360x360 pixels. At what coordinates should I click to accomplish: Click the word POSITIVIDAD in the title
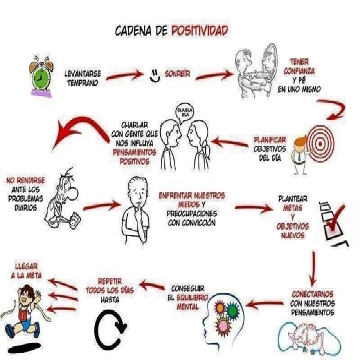(200, 31)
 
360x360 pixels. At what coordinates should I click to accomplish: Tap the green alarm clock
(41, 76)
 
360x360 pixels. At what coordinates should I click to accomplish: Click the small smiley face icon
(155, 76)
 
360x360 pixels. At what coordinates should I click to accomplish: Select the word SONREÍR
(178, 74)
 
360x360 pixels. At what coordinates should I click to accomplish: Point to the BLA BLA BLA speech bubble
(184, 113)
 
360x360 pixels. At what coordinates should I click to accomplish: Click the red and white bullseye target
(320, 144)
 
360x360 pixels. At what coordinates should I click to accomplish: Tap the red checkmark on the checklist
(336, 218)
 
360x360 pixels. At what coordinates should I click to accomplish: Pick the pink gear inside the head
(223, 326)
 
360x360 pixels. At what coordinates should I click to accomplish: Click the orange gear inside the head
(220, 308)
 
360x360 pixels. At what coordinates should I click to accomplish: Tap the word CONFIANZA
(299, 71)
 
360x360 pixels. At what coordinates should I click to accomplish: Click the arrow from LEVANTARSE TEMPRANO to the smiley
(125, 76)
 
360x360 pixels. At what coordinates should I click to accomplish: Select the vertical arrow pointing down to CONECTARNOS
(313, 269)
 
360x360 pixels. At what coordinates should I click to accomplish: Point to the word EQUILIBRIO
(193, 298)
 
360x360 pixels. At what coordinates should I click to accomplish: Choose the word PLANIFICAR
(270, 140)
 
